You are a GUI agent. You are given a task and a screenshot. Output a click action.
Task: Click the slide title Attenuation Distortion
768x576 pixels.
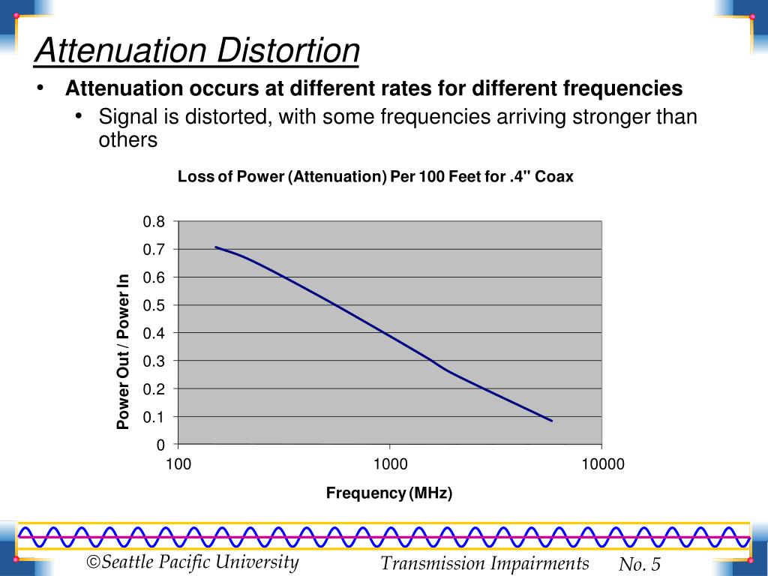click(197, 51)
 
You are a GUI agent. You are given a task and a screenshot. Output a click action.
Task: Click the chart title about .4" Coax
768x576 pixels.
click(375, 177)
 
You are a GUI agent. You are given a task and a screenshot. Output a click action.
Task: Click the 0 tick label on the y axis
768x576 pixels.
click(160, 445)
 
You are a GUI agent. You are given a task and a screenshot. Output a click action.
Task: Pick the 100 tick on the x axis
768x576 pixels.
click(178, 464)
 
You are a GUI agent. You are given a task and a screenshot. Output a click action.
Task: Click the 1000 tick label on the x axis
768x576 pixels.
click(390, 464)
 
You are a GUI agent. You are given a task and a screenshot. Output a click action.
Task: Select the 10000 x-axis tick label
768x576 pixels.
click(602, 464)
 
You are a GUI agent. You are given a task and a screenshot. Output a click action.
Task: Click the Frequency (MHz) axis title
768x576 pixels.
click(389, 493)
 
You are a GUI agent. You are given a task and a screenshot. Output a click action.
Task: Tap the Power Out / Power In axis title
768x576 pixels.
click(123, 352)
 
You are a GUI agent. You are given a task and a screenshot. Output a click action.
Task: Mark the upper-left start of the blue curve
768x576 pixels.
click(216, 247)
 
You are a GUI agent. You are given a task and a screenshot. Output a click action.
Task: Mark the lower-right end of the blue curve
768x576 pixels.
click(552, 421)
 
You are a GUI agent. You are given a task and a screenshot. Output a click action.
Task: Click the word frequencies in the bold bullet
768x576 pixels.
click(622, 88)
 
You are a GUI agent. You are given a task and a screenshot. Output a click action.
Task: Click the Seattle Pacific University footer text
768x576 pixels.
click(193, 562)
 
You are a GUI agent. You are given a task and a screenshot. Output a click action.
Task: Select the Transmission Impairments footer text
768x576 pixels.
click(484, 563)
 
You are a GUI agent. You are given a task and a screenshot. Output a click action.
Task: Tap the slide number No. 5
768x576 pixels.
click(639, 564)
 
